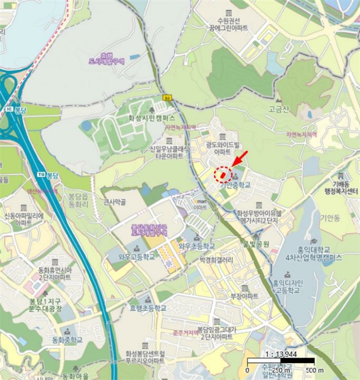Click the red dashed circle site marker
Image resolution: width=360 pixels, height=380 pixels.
point(223,175)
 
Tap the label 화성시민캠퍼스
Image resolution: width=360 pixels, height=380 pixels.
point(151,117)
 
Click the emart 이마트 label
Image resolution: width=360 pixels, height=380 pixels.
point(200,204)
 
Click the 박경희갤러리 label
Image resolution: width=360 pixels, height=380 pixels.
point(216,259)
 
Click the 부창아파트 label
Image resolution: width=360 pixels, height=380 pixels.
point(244,296)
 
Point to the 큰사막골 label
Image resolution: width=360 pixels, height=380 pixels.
point(115,202)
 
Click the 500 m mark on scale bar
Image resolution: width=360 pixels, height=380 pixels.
point(307,371)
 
